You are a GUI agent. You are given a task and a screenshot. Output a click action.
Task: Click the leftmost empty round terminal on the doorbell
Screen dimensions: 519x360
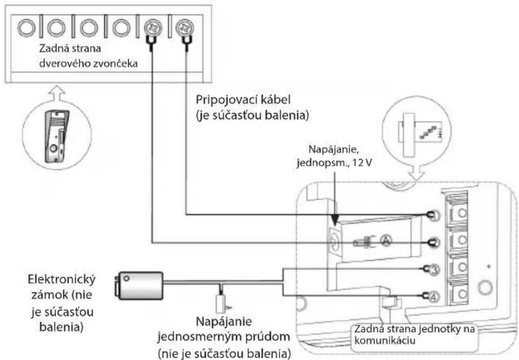[x=26, y=28]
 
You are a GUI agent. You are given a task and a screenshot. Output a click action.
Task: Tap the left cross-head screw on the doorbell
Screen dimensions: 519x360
[x=153, y=28]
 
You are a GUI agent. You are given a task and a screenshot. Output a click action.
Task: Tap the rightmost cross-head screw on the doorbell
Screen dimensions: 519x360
[x=185, y=28]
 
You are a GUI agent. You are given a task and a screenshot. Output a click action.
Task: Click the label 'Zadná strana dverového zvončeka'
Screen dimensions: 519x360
[x=88, y=55]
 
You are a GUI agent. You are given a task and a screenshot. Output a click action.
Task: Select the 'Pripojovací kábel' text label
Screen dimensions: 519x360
[x=243, y=99]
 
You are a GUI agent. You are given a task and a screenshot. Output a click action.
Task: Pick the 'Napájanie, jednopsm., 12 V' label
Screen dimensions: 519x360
[x=334, y=155]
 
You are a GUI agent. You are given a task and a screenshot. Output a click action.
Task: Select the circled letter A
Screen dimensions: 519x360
[x=386, y=240]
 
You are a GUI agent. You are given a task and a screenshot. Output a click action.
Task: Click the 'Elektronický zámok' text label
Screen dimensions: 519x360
[x=61, y=303]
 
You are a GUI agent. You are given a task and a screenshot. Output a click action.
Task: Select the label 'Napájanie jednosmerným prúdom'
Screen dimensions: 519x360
[x=224, y=337]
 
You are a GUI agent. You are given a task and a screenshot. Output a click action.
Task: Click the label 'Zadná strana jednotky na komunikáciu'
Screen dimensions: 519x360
[x=414, y=334]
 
